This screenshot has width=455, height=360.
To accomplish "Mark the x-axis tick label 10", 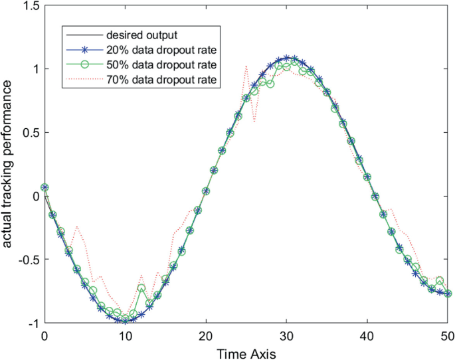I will click(x=126, y=337).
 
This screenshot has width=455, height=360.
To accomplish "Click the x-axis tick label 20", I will click(x=206, y=337).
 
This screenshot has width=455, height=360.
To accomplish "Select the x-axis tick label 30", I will click(x=286, y=337).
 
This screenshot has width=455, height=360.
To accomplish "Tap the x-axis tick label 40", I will click(x=367, y=337).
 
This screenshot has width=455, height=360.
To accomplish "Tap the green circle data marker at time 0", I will click(x=45, y=187).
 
